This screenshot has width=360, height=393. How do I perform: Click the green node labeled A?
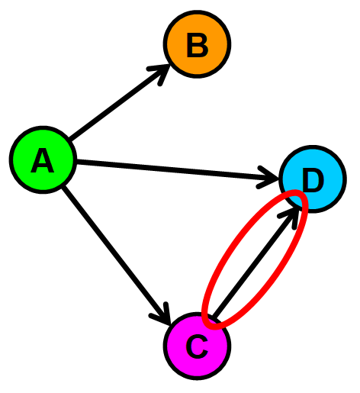[43, 160]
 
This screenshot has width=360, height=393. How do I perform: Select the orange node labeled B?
[197, 44]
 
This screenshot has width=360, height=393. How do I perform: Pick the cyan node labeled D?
[313, 180]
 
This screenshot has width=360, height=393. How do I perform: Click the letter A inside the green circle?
[43, 161]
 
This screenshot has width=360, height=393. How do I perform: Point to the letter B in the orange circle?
[197, 45]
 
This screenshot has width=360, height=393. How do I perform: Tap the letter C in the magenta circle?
[197, 346]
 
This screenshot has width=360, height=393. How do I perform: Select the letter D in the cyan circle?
[313, 181]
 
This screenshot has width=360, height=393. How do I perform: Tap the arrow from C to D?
[256, 263]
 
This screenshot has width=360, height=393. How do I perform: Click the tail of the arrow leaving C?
[216, 316]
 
